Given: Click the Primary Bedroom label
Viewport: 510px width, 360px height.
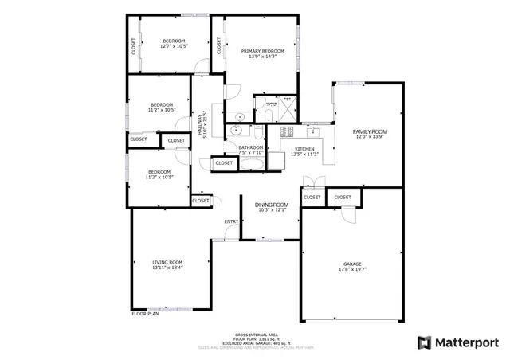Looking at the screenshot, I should point(262,51).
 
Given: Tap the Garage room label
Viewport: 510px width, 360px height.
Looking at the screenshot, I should point(352,264).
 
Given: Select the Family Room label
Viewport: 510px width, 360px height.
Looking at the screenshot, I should point(371,131).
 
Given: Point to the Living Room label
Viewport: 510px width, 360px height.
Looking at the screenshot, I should point(168,262).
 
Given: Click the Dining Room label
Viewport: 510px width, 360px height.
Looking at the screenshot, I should point(271,205).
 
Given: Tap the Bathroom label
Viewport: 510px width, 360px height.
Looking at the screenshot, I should point(250,147).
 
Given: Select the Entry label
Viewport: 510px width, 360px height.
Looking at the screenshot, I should point(231,221).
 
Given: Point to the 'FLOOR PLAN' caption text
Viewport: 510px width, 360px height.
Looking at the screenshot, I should point(145,314).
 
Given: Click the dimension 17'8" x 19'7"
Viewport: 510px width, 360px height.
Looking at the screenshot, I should point(352,269).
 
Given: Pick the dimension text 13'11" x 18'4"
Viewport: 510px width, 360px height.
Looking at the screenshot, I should point(168,268).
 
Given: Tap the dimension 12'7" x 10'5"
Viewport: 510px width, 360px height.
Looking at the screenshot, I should point(174,46).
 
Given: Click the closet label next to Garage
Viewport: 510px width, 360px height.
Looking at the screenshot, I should point(343,197).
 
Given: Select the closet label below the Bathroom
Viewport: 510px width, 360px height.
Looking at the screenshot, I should point(225,163).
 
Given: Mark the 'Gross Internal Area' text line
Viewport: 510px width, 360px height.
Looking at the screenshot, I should point(256,335).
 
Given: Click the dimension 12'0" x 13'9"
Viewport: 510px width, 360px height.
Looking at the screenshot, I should point(371,137).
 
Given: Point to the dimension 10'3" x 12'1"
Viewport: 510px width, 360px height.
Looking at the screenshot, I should point(271,211).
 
